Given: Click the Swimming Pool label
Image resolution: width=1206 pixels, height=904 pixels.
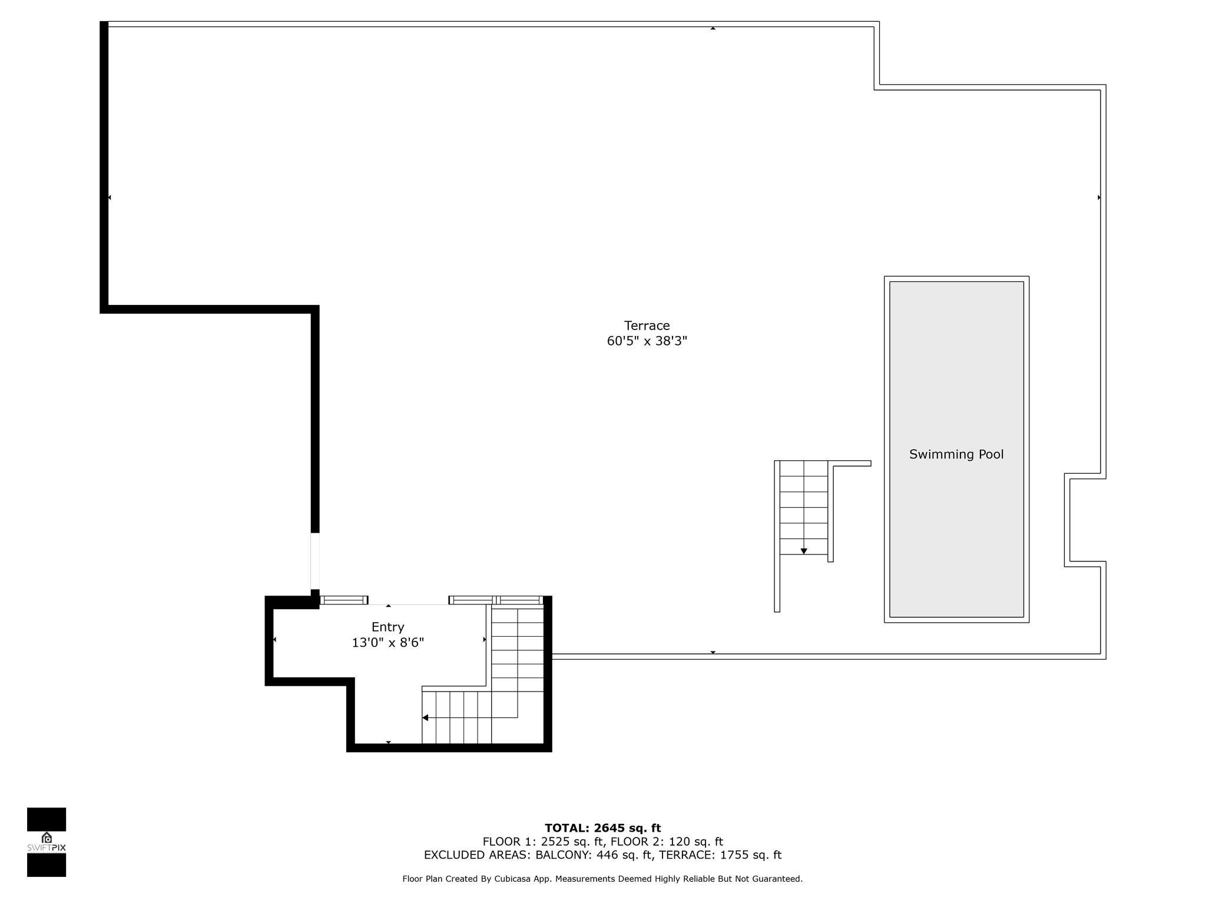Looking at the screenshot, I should pyautogui.click(x=956, y=454).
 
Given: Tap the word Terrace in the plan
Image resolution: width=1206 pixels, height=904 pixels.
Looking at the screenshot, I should pyautogui.click(x=647, y=325).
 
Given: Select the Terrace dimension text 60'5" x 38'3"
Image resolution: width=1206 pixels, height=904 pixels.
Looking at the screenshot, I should pyautogui.click(x=647, y=341).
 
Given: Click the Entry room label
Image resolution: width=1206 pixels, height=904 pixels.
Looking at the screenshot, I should pyautogui.click(x=387, y=627).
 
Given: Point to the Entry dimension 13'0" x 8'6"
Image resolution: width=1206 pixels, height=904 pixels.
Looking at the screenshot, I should pyautogui.click(x=387, y=642).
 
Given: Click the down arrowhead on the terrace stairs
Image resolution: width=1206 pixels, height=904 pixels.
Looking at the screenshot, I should pyautogui.click(x=803, y=551).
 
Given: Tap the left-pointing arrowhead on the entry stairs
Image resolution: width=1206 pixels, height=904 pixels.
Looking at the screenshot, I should pyautogui.click(x=425, y=717).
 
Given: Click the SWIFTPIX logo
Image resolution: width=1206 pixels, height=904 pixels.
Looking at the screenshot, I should pyautogui.click(x=47, y=842).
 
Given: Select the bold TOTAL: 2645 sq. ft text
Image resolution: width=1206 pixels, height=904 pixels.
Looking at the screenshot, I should pyautogui.click(x=602, y=828).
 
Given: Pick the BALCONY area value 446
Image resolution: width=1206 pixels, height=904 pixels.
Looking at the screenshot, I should pyautogui.click(x=608, y=855).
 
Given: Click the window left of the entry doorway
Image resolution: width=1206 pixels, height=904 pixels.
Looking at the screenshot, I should pyautogui.click(x=343, y=600).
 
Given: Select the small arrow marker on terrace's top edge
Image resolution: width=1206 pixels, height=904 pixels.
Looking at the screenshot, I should pyautogui.click(x=713, y=28).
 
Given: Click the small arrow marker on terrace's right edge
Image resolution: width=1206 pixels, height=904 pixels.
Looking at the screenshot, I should pyautogui.click(x=1099, y=198).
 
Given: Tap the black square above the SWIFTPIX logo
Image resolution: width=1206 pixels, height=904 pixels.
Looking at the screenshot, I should pyautogui.click(x=47, y=819).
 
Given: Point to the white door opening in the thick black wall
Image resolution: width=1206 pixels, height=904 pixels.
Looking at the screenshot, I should pyautogui.click(x=315, y=561).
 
